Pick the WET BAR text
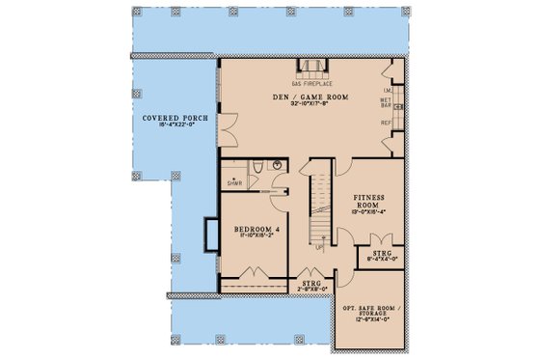(x=385, y=101)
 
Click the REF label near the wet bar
(x=385, y=124)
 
